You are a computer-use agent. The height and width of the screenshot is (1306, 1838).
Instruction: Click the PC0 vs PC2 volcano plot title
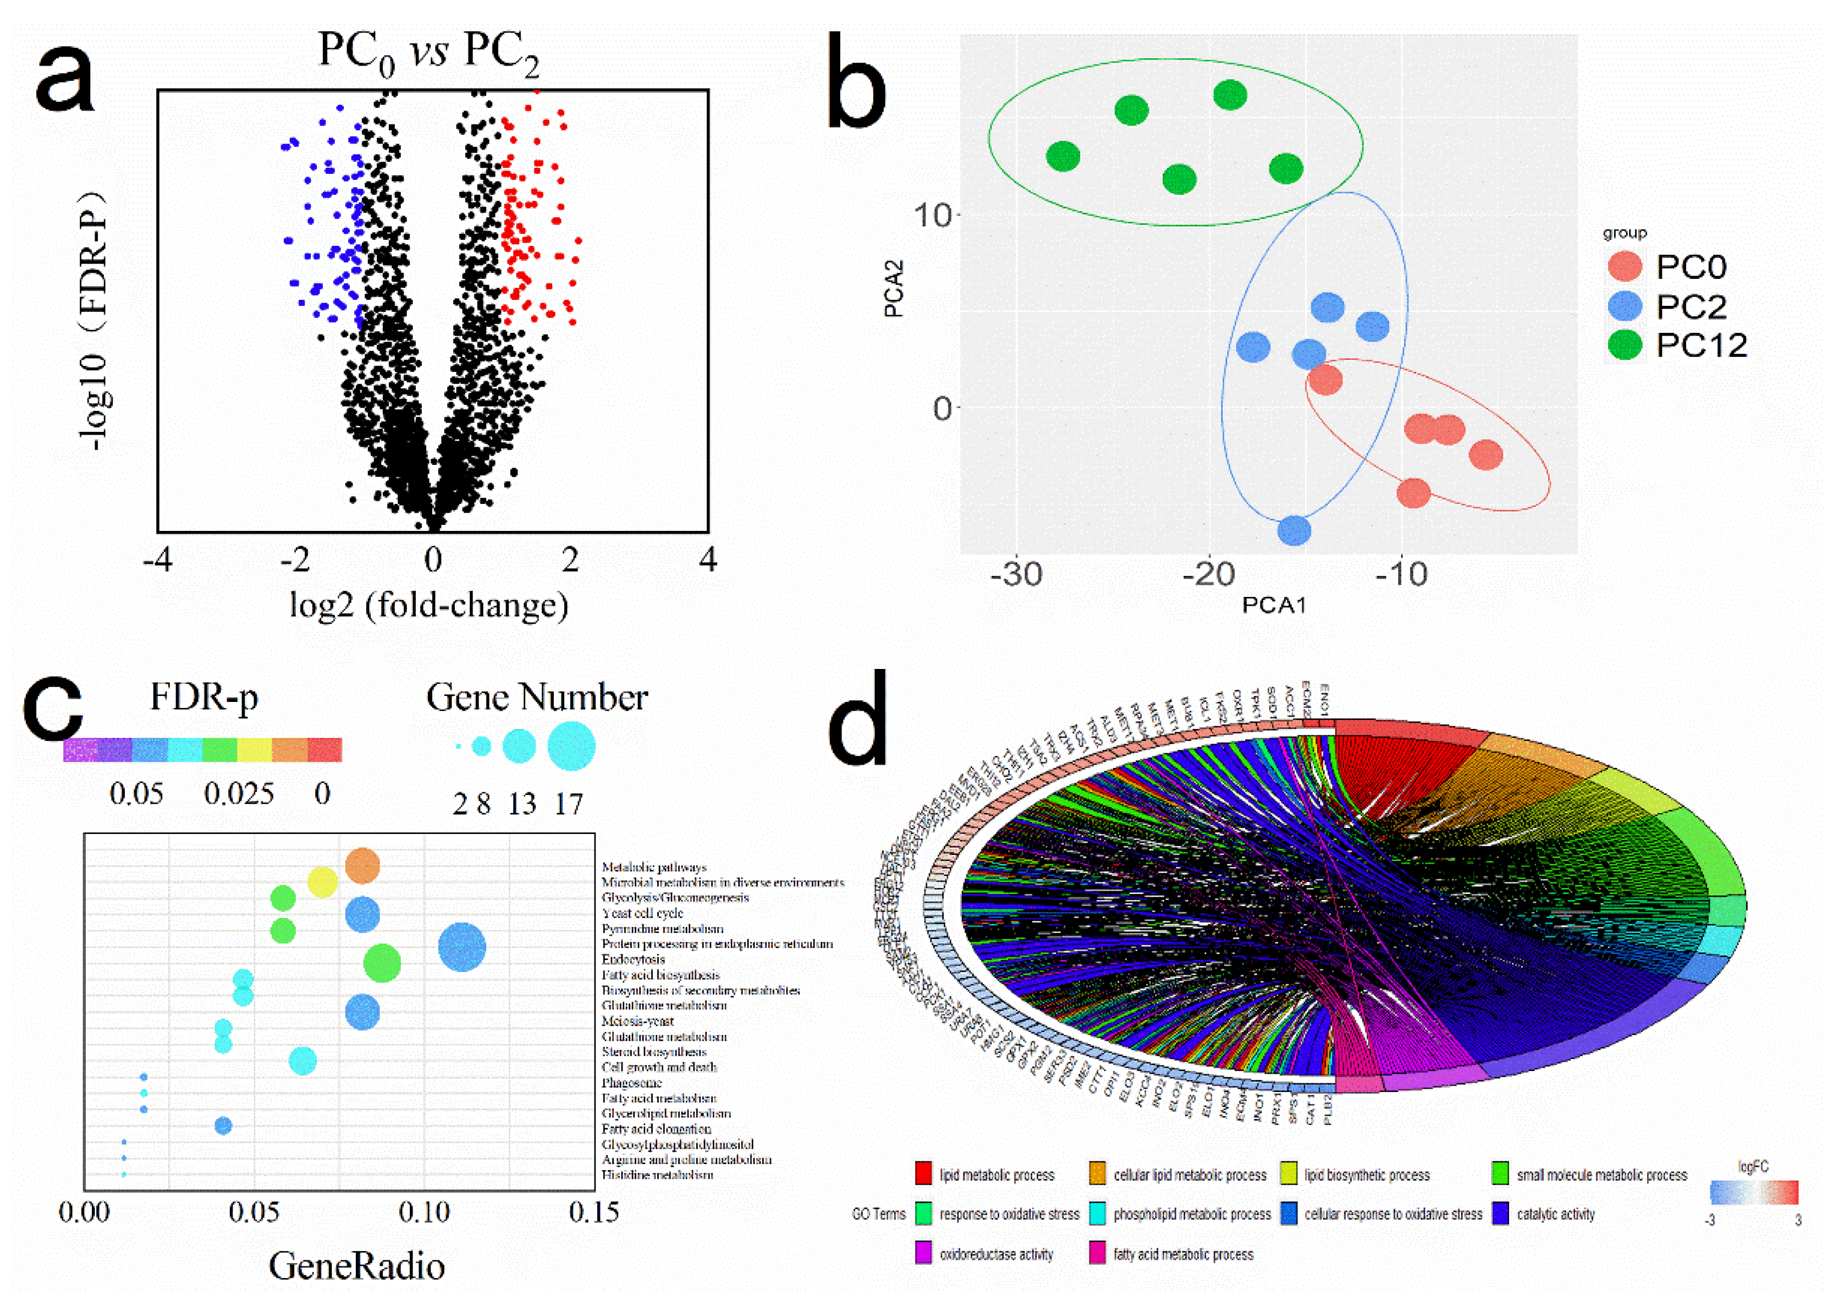pyautogui.click(x=428, y=53)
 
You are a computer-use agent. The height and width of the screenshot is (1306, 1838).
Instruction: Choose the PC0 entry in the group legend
pyautogui.click(x=1690, y=267)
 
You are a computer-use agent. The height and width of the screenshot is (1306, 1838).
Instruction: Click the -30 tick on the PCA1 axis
pyautogui.click(x=1016, y=575)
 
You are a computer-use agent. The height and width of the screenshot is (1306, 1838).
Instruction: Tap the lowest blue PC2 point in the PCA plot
pyautogui.click(x=1294, y=530)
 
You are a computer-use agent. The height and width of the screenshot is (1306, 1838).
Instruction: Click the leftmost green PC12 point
pyautogui.click(x=1063, y=157)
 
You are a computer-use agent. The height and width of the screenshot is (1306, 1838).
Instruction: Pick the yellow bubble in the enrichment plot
pyautogui.click(x=322, y=883)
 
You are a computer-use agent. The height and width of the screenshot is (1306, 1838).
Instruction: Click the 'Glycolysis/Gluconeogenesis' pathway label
pyautogui.click(x=675, y=897)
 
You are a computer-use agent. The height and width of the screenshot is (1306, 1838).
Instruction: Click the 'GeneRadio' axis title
pyautogui.click(x=356, y=1266)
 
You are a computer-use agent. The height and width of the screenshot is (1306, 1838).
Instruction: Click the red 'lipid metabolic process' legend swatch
pyautogui.click(x=923, y=1173)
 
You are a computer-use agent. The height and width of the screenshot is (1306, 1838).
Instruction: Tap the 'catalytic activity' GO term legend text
pyautogui.click(x=1555, y=1214)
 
